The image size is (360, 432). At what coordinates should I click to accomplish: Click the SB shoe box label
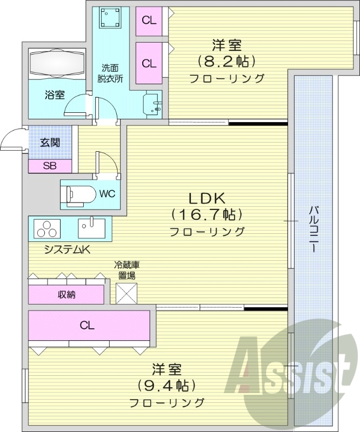(x=50, y=166)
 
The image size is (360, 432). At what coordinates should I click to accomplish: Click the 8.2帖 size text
(x=226, y=60)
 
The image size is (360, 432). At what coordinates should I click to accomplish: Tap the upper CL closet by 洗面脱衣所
(x=149, y=21)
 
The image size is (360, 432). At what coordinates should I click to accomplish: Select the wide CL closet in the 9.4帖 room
(x=88, y=325)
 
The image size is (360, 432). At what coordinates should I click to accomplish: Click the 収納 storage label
(x=66, y=294)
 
